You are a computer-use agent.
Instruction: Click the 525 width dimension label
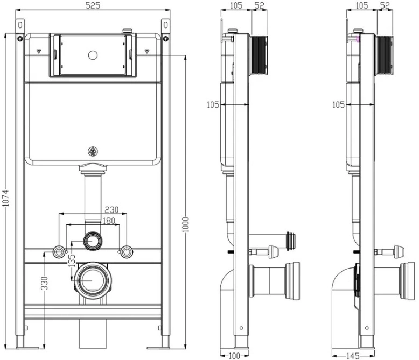pyautogui.click(x=93, y=5)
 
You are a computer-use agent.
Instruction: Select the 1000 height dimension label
pyautogui.click(x=185, y=224)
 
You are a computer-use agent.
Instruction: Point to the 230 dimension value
pyautogui.click(x=111, y=210)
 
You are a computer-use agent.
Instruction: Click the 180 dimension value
pyautogui.click(x=109, y=221)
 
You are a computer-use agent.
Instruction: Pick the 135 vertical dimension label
pyautogui.click(x=72, y=260)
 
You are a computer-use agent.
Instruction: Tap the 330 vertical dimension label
pyautogui.click(x=45, y=284)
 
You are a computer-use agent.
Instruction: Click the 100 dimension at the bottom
pyautogui.click(x=235, y=356)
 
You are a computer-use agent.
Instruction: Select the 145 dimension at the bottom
pyautogui.click(x=353, y=356)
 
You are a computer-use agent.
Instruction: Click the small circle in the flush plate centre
pyautogui.click(x=93, y=55)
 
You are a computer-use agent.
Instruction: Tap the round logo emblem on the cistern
pyautogui.click(x=93, y=151)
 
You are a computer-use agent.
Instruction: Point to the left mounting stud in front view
pyautogui.click(x=59, y=252)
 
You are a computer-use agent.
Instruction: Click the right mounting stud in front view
pyautogui.click(x=127, y=252)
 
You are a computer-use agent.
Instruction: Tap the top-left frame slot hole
pyautogui.click(x=20, y=25)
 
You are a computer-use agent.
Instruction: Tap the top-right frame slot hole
pyautogui.click(x=165, y=25)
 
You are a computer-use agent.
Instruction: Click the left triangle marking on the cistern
pyautogui.click(x=39, y=51)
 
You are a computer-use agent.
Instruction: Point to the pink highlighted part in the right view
pyautogui.click(x=358, y=39)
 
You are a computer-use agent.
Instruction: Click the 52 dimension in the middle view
pyautogui.click(x=259, y=5)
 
